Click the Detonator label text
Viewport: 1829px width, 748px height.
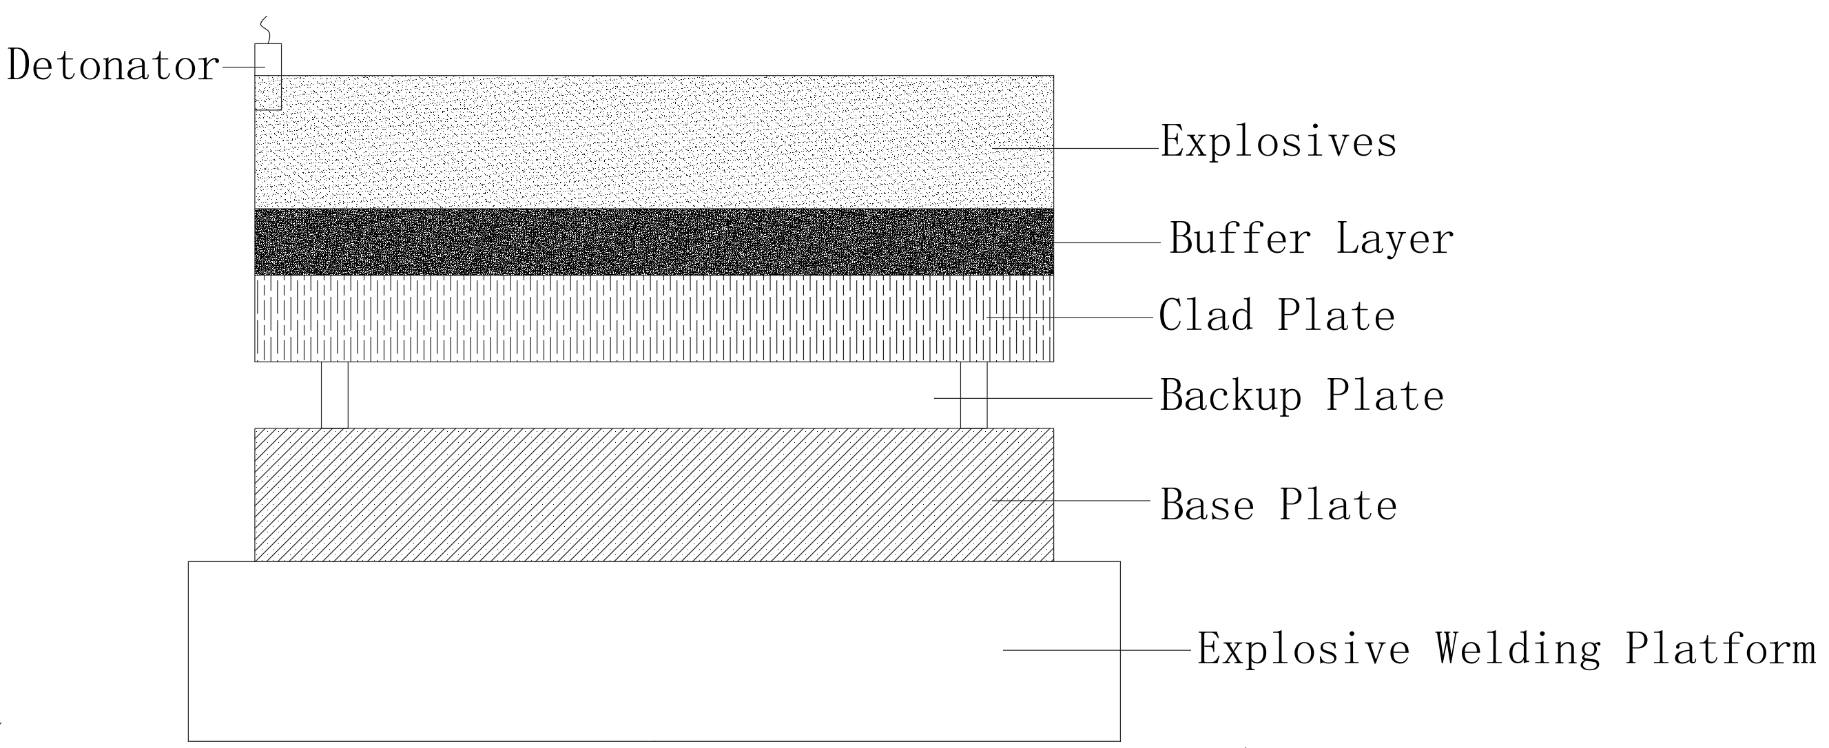(x=112, y=66)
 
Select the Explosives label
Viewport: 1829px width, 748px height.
(x=1279, y=143)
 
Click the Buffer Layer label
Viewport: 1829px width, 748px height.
(x=1311, y=238)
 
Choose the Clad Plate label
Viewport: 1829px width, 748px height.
(x=1277, y=316)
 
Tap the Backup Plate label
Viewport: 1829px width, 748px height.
(x=1301, y=396)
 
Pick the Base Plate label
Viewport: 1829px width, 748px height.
(x=1278, y=506)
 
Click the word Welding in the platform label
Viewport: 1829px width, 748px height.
(x=1518, y=649)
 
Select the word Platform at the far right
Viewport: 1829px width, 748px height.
(x=1719, y=649)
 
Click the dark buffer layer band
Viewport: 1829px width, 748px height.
(x=653, y=242)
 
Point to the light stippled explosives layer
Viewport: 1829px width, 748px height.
(x=653, y=142)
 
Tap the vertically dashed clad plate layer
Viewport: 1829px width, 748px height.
(x=653, y=319)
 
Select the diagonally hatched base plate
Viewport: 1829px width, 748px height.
(x=653, y=495)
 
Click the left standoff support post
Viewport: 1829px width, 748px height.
(x=334, y=395)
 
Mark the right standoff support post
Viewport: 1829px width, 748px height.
(x=973, y=395)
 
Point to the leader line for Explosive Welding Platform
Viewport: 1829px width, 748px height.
(x=1097, y=650)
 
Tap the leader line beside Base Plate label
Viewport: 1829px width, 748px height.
(x=1071, y=500)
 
